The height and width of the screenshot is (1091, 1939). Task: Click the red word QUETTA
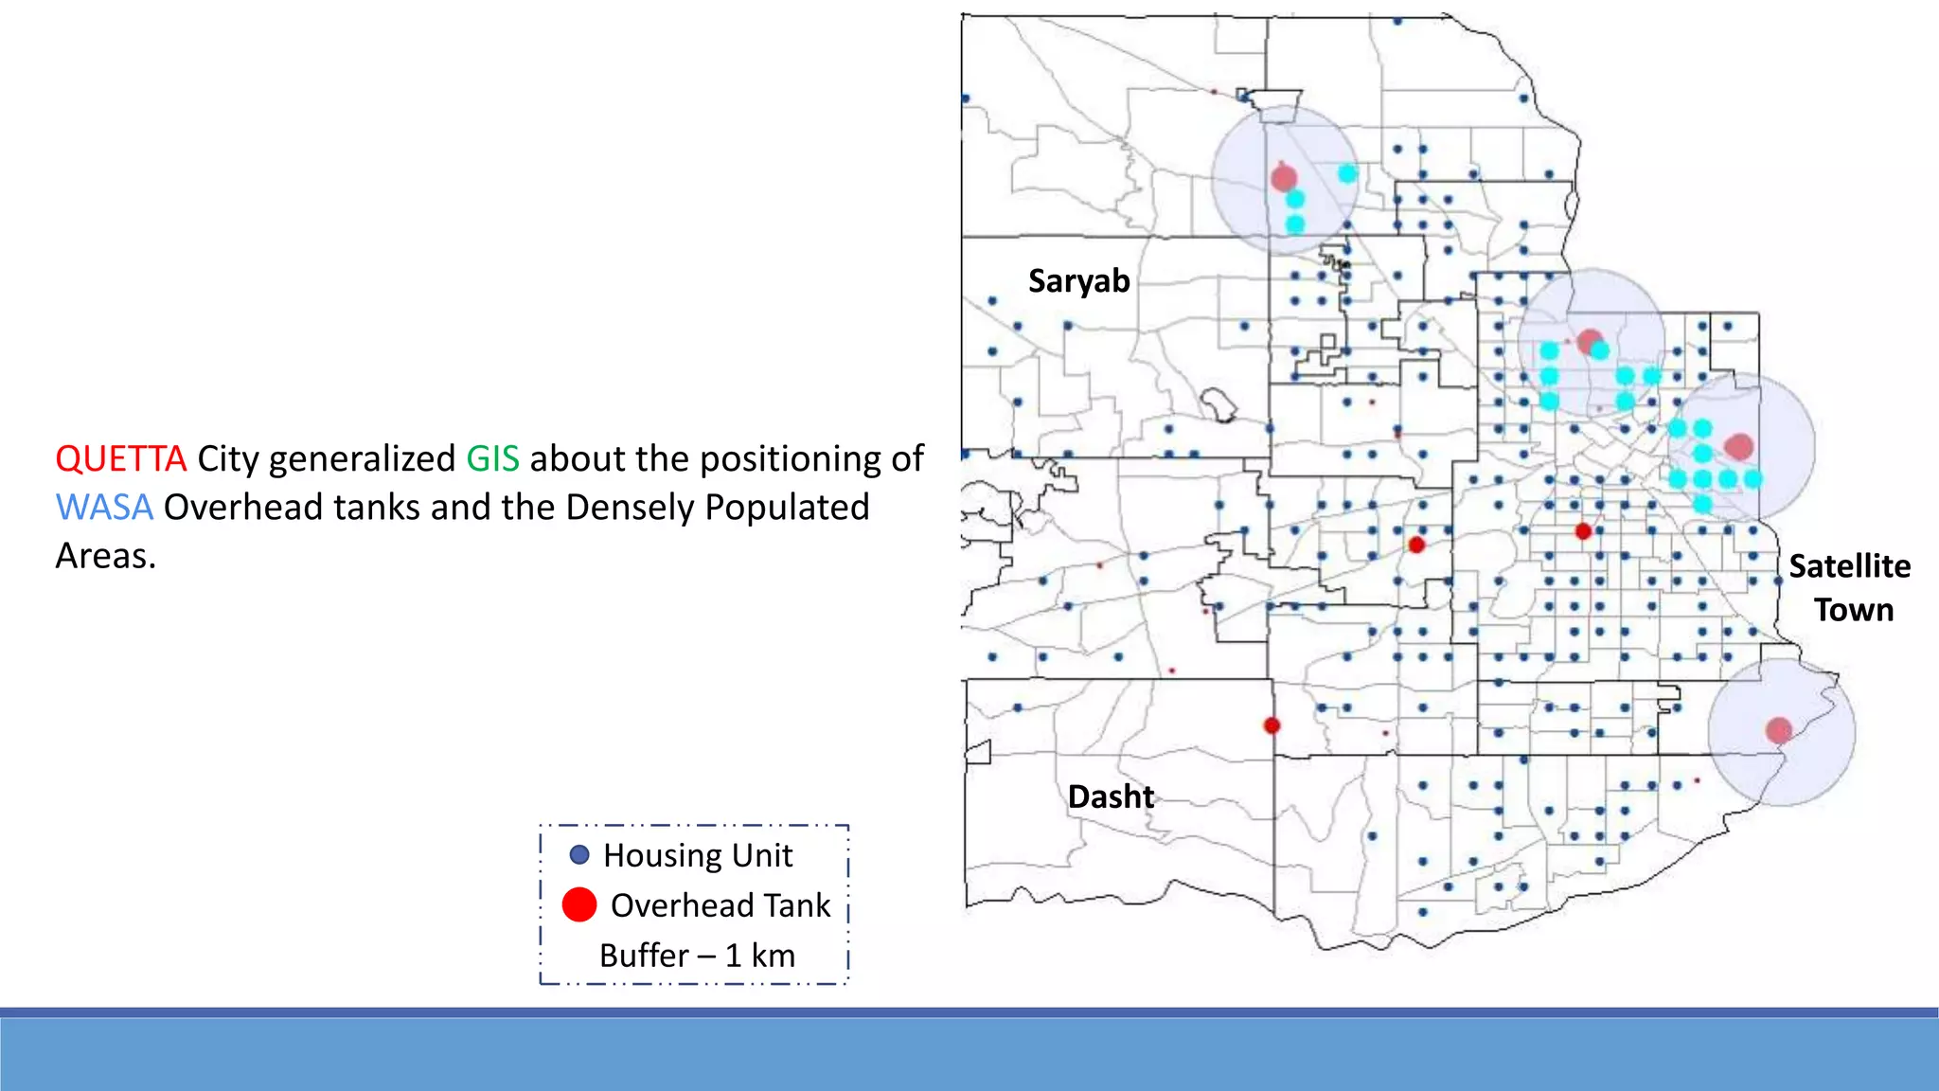[x=120, y=459]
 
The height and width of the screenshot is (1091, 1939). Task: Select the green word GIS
[x=492, y=459]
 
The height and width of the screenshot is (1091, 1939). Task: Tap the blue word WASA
[x=104, y=508]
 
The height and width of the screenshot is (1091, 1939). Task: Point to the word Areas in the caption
[x=105, y=557]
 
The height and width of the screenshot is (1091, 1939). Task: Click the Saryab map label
[x=1078, y=281]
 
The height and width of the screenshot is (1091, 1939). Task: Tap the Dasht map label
[x=1111, y=797]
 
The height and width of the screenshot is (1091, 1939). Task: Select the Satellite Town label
[x=1850, y=588]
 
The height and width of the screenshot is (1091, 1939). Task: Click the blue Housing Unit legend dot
[x=579, y=855]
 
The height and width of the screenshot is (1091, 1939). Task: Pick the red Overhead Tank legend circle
[x=579, y=904]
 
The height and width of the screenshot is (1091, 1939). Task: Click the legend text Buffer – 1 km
[x=697, y=956]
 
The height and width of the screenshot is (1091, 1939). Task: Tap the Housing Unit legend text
[x=698, y=856]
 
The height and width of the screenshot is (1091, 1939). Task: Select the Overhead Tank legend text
[x=720, y=905]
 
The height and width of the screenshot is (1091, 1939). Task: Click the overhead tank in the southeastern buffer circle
[x=1779, y=730]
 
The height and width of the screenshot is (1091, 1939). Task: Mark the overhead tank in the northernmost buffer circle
[x=1284, y=177]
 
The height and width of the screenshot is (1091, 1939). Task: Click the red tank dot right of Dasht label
[x=1272, y=725]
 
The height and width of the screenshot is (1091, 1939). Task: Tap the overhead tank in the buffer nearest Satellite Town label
[x=1739, y=446]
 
